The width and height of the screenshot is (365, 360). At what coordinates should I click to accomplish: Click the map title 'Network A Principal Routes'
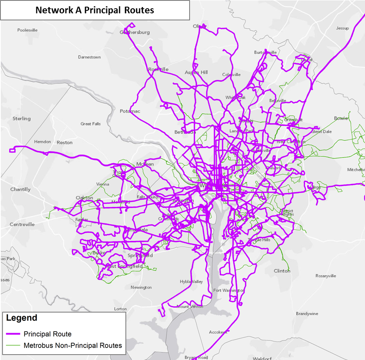pos(95,10)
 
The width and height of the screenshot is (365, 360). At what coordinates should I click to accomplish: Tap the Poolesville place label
pos(27,30)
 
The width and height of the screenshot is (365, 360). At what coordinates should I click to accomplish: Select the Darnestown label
pos(89,57)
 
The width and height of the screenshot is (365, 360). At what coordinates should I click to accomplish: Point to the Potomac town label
pos(130,111)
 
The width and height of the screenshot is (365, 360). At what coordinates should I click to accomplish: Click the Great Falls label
pos(90,124)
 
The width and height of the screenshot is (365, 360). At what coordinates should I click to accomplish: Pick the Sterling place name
pos(21,119)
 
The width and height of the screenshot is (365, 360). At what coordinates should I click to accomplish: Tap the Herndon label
pos(42,142)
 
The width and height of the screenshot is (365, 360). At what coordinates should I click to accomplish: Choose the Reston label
pos(65,142)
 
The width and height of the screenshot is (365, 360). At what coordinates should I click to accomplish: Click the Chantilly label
pos(20,189)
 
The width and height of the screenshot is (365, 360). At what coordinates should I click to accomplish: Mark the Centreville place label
pos(22,224)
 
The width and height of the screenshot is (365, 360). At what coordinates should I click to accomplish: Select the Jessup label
pos(342,28)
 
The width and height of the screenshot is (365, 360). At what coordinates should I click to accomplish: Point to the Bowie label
pos(340,118)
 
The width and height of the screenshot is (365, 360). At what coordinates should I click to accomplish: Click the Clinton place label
pos(282,271)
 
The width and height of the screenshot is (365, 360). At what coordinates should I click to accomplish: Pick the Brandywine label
pos(306,314)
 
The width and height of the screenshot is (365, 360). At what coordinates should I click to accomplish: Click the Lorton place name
pos(120,309)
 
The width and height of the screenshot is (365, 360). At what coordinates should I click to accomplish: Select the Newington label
pos(141,288)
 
